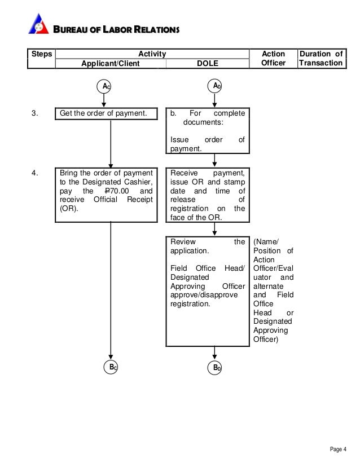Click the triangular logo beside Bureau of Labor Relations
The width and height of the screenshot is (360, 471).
pyautogui.click(x=38, y=24)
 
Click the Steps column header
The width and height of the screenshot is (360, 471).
pyautogui.click(x=41, y=54)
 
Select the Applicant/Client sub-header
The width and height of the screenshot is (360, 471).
pyautogui.click(x=110, y=63)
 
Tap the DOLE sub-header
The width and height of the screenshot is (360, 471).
pyautogui.click(x=207, y=63)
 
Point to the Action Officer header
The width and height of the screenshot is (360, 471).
pyautogui.click(x=273, y=58)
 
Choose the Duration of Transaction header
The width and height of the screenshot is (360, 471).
pyautogui.click(x=321, y=58)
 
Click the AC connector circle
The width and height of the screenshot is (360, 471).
pyautogui.click(x=104, y=86)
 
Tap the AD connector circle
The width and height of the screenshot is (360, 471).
pyautogui.click(x=214, y=86)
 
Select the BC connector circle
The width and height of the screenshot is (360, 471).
pyautogui.click(x=111, y=367)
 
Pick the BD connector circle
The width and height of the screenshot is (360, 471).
pyautogui.click(x=214, y=367)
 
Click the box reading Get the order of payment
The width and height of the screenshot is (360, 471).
pyautogui.click(x=106, y=113)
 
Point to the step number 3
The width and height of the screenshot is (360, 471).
pyautogui.click(x=34, y=113)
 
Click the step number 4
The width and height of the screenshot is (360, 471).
pyautogui.click(x=34, y=173)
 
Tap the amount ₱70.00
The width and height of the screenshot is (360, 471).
pyautogui.click(x=117, y=191)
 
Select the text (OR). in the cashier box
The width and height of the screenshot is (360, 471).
pyautogui.click(x=69, y=209)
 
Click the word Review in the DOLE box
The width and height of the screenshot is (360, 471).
pyautogui.click(x=183, y=242)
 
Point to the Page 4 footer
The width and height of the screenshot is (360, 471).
pyautogui.click(x=338, y=449)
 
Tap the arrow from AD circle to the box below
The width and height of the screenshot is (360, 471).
pyautogui.click(x=214, y=100)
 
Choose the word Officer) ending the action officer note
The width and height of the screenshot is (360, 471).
pyautogui.click(x=266, y=340)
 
